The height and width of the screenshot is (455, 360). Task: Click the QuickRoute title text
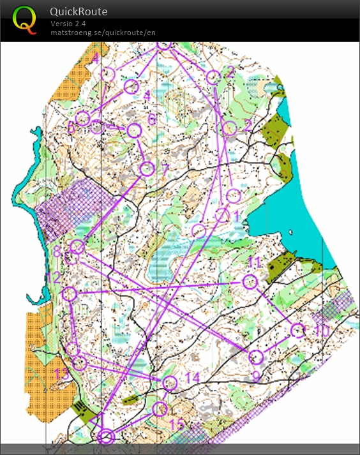tap(79, 11)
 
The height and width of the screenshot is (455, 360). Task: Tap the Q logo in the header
tap(25, 19)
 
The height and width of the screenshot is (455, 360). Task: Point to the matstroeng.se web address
tap(103, 33)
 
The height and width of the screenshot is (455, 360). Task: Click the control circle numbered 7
tap(147, 168)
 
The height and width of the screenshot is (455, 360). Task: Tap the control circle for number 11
tap(250, 281)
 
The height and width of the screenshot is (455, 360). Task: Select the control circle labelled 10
tap(297, 330)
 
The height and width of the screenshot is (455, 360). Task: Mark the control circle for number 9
tap(255, 357)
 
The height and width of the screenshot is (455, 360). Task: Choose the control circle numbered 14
tap(169, 383)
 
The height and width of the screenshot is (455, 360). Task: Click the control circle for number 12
tap(70, 294)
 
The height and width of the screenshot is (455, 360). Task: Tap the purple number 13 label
tap(62, 374)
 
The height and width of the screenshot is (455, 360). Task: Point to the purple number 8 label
tap(57, 253)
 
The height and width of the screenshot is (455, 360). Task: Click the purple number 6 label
tap(152, 119)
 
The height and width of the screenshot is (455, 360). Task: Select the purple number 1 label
tap(236, 217)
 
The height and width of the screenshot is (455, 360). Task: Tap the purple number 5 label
tap(71, 127)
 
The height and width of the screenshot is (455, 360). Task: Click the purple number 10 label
tap(322, 332)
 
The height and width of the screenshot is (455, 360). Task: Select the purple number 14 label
tap(192, 378)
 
